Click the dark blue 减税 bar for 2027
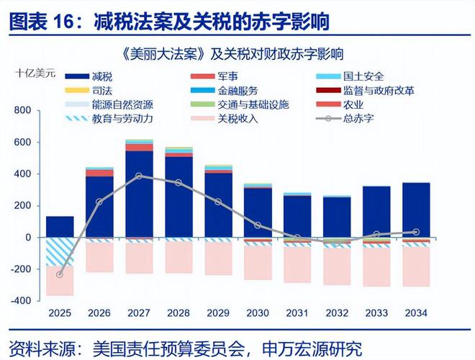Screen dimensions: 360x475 pyautogui.click(x=138, y=194)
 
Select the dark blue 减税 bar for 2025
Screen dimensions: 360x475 pyautogui.click(x=60, y=226)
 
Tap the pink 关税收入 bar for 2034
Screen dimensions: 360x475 pyautogui.click(x=415, y=266)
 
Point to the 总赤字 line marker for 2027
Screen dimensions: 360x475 pyautogui.click(x=138, y=176)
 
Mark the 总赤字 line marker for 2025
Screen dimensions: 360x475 pyautogui.click(x=60, y=274)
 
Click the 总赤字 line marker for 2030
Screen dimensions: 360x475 pyautogui.click(x=257, y=225)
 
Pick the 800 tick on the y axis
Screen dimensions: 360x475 pyautogui.click(x=23, y=110)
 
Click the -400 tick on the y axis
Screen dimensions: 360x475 pyautogui.click(x=22, y=300)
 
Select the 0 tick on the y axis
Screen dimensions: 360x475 pyautogui.click(x=30, y=237)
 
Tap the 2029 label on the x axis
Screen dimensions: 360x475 pyautogui.click(x=217, y=313)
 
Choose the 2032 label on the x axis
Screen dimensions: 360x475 pyautogui.click(x=336, y=313)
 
